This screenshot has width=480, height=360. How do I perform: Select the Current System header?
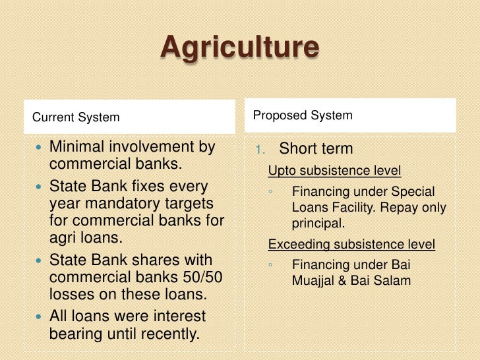click(76, 118)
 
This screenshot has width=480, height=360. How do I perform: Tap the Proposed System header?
click(303, 115)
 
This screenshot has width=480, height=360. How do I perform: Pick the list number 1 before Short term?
click(261, 150)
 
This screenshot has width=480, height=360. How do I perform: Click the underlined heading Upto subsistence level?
click(334, 171)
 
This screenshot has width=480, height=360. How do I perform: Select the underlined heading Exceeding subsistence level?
click(351, 245)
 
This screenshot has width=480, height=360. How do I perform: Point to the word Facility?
click(356, 208)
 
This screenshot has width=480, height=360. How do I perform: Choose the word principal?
click(318, 224)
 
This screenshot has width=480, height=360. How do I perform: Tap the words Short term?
click(316, 149)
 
